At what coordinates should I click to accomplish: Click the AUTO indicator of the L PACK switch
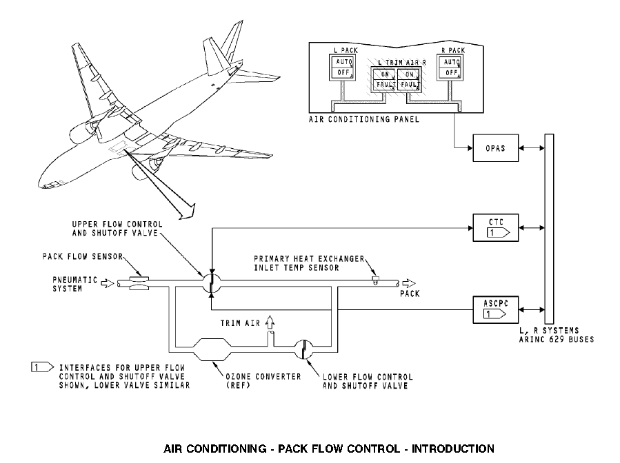[x=339, y=61]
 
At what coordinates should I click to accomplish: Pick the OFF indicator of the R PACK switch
[x=451, y=72]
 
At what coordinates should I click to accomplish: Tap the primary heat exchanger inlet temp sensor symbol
[x=377, y=280]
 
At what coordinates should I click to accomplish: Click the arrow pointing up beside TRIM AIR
[x=270, y=322]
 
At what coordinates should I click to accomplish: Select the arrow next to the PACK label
[x=409, y=282]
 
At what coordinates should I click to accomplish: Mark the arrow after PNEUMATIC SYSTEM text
[x=107, y=282]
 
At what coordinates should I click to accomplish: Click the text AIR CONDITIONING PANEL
[x=354, y=119]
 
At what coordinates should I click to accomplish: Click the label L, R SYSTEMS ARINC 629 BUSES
[x=556, y=335]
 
